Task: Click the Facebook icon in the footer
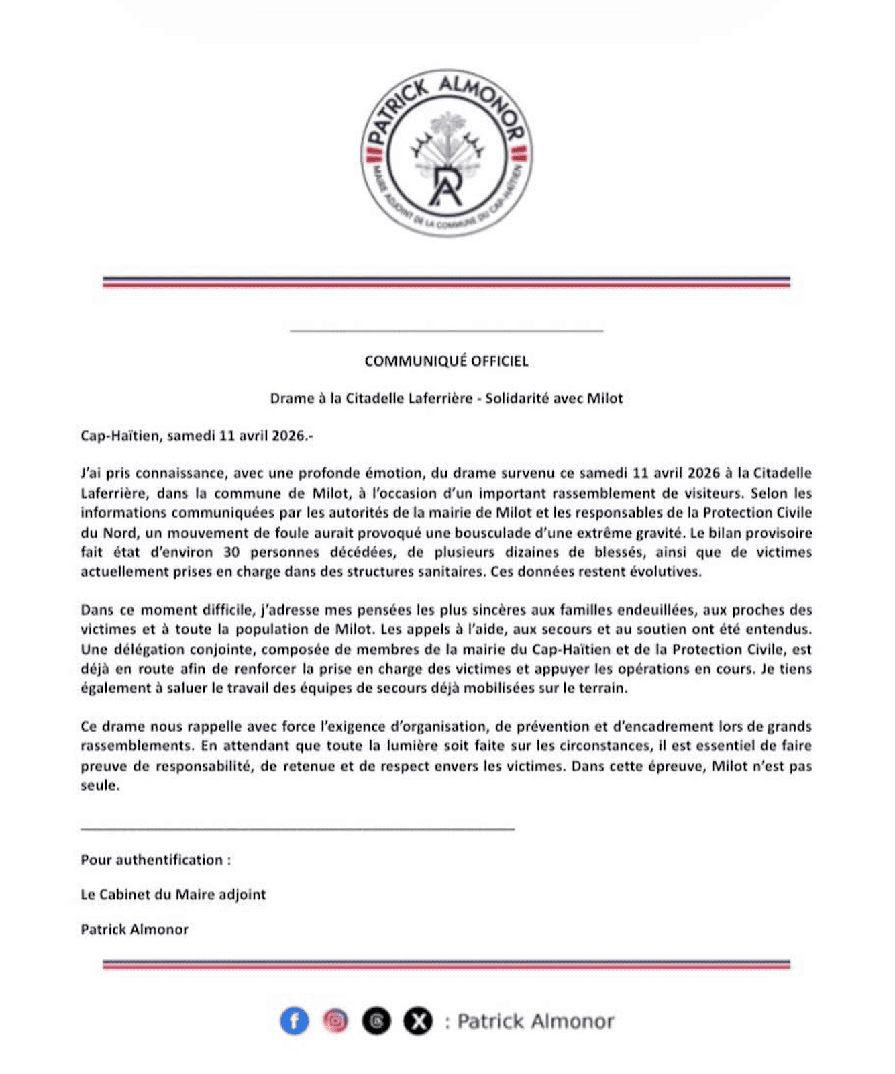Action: [294, 1021]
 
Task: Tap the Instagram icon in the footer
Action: [335, 1021]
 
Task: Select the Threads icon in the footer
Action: [376, 1021]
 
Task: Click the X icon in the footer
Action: [417, 1021]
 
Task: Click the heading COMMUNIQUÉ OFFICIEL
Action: [446, 361]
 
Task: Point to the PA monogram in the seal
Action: [446, 185]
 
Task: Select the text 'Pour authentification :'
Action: [156, 860]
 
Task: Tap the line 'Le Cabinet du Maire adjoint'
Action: [173, 895]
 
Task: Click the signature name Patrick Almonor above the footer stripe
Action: [134, 930]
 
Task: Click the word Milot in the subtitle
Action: [604, 399]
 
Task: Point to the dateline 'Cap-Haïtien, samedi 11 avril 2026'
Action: [196, 436]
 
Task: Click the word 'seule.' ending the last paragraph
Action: [100, 785]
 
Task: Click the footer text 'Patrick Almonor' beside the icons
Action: [535, 1022]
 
